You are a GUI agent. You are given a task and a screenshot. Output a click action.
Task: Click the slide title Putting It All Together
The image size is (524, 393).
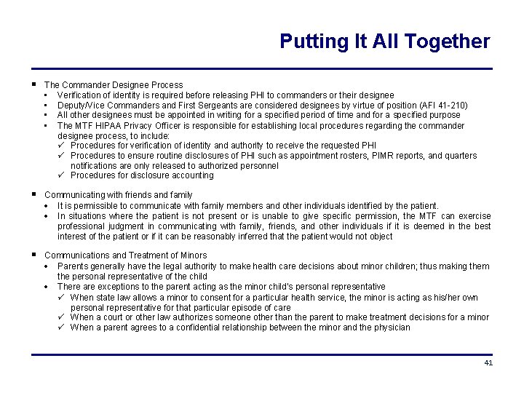pyautogui.click(x=384, y=41)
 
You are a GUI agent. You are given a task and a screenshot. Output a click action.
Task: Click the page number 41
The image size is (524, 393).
pyautogui.click(x=488, y=362)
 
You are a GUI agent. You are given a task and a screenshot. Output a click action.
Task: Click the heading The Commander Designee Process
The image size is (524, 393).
pyautogui.click(x=114, y=85)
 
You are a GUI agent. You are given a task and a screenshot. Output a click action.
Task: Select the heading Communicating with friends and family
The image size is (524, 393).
pyautogui.click(x=118, y=195)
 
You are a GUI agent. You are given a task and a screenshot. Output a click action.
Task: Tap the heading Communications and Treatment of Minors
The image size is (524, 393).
pyautogui.click(x=125, y=255)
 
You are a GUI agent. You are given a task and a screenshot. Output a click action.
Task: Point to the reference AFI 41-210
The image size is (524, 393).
pyautogui.click(x=442, y=106)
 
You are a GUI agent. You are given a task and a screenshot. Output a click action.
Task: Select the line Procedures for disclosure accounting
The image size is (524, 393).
pyautogui.click(x=142, y=175)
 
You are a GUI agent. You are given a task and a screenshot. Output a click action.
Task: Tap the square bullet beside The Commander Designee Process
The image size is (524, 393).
pyautogui.click(x=34, y=84)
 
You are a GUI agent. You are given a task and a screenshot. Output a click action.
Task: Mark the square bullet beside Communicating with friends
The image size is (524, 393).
pyautogui.click(x=34, y=194)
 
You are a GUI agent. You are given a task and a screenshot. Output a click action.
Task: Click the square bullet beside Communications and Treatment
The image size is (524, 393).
pyautogui.click(x=34, y=255)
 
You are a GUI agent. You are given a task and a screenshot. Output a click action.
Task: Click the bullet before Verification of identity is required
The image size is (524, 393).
pyautogui.click(x=46, y=95)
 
